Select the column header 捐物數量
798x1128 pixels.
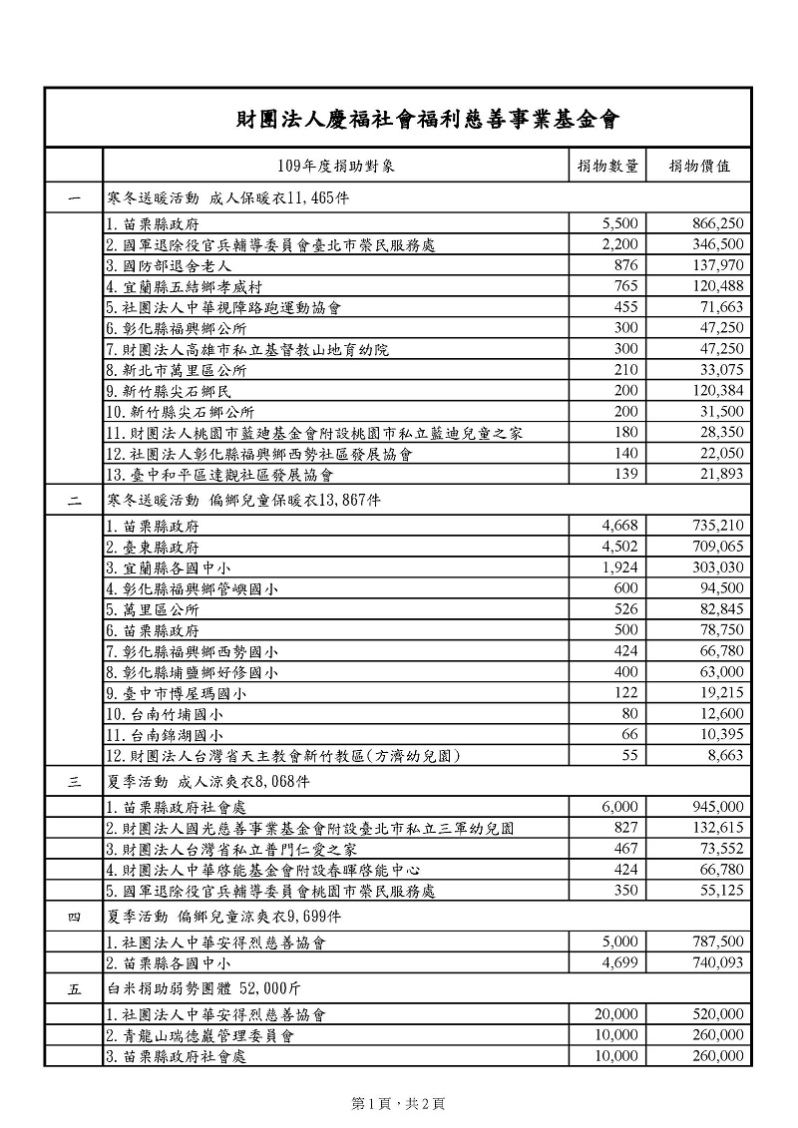[x=608, y=166]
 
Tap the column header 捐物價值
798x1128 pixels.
[x=699, y=166]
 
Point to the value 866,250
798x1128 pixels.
[x=717, y=223]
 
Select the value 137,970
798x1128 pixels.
[x=717, y=267]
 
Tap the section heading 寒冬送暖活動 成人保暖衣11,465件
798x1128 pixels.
[x=227, y=197]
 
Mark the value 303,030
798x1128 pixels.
[x=717, y=567]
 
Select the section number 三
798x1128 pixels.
[x=74, y=782]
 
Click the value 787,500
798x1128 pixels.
[x=717, y=940]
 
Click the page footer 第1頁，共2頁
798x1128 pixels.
[x=399, y=1103]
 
